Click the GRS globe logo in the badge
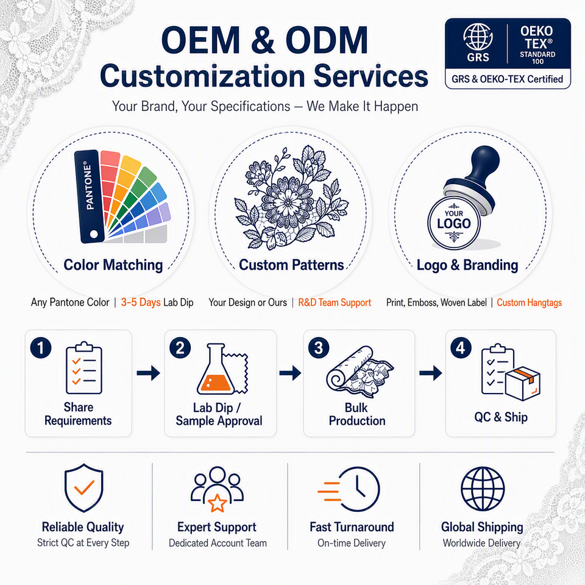[x=478, y=42]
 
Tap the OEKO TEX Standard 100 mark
[x=537, y=44]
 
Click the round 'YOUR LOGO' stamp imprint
[x=453, y=223]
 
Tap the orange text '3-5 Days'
[x=141, y=302]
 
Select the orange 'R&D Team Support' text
[x=335, y=302]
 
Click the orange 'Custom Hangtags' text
[x=529, y=303]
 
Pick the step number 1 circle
[x=41, y=348]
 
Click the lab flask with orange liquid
[x=216, y=369]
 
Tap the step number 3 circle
[x=319, y=348]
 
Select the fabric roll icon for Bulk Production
[x=360, y=372]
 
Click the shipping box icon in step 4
[x=523, y=383]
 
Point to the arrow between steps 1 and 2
[x=149, y=373]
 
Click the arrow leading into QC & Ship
[x=431, y=373]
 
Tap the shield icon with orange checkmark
[x=84, y=487]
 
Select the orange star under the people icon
[x=217, y=503]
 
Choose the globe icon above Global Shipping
[x=483, y=489]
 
